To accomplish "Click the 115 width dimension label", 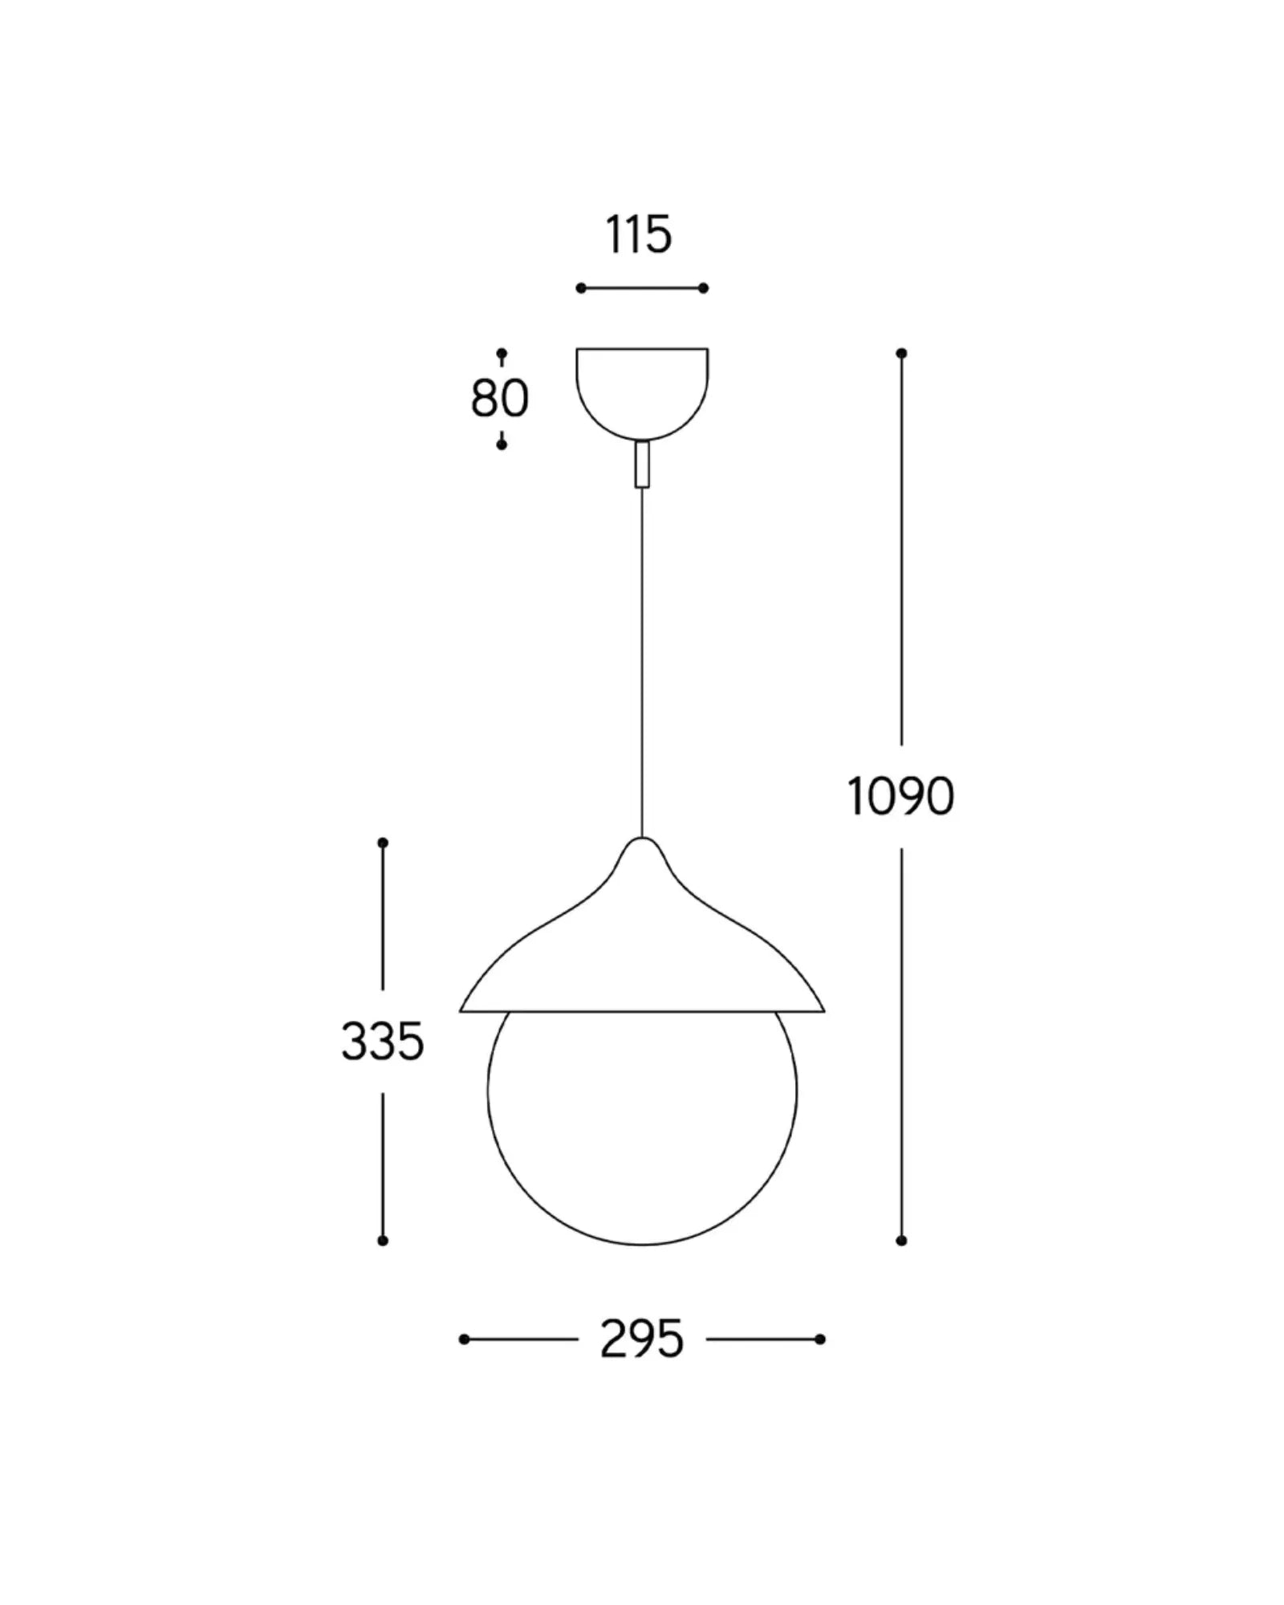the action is pos(639,235).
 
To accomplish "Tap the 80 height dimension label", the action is pos(500,398).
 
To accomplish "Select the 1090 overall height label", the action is pos(900,797).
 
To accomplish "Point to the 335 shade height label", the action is pos(383,1042).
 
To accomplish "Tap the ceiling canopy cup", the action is pos(642,393).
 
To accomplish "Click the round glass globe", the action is pos(642,1139).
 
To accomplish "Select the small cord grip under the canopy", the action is pos(642,464).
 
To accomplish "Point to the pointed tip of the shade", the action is pos(642,839).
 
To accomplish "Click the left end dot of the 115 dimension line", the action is pos(581,288).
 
